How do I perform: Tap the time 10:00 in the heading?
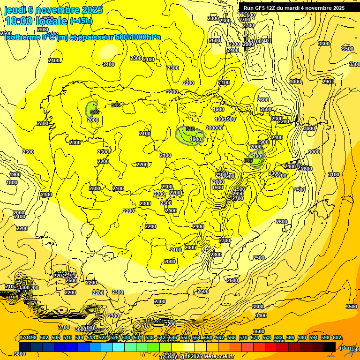pyautogui.click(x=19, y=21)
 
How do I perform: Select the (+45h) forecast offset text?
pyautogui.click(x=81, y=21)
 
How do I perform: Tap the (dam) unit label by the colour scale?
pyautogui.click(x=346, y=347)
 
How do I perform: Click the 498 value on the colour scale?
pyautogui.click(x=32, y=337)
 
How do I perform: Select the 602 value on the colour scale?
pyautogui.click(x=337, y=337)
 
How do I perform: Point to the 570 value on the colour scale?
pyautogui.click(x=243, y=337)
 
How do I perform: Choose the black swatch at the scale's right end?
pyautogui.click(x=330, y=347)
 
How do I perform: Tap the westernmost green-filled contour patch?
pyautogui.click(x=92, y=109)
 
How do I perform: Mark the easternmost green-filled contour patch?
pyautogui.click(x=256, y=159)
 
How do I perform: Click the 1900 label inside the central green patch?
pyautogui.click(x=196, y=139)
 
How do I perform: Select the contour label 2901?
pyautogui.click(x=328, y=82)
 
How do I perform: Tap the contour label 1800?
pyautogui.click(x=12, y=182)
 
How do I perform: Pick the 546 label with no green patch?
pyautogui.click(x=116, y=105)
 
